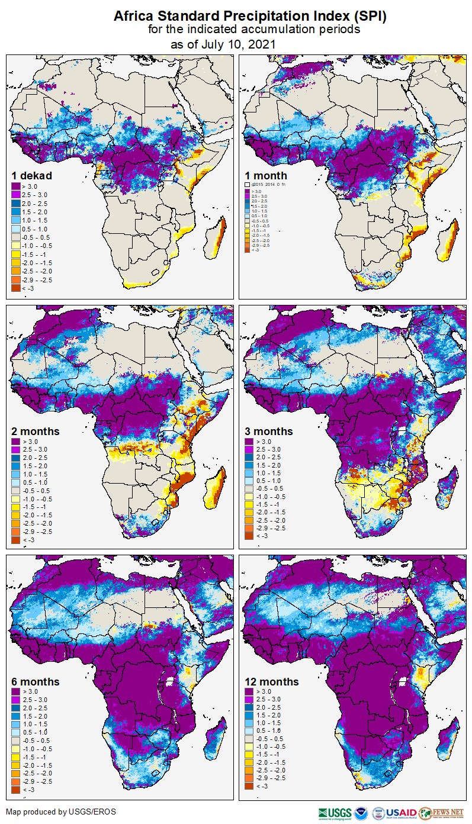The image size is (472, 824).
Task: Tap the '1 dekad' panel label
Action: (32, 176)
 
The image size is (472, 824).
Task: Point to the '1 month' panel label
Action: (266, 176)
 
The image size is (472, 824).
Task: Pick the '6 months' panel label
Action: (36, 682)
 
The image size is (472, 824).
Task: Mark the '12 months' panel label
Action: (272, 682)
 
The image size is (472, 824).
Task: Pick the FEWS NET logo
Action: (441, 813)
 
